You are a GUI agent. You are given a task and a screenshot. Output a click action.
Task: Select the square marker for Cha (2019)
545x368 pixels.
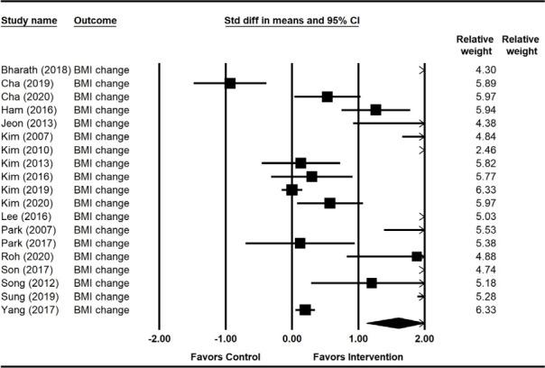[x=230, y=83]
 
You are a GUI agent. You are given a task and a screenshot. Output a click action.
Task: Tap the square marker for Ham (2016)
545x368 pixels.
[x=375, y=109]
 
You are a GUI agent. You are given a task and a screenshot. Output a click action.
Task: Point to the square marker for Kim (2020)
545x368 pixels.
[x=329, y=203]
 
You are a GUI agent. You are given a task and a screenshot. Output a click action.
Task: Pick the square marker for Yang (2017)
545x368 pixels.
[x=305, y=309]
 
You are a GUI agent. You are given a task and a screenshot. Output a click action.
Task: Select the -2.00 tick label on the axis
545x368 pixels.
[x=159, y=340]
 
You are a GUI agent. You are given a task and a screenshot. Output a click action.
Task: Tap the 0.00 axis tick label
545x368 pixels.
[x=291, y=340]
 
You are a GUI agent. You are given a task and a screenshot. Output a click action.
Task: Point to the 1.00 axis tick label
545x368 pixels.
[x=357, y=340]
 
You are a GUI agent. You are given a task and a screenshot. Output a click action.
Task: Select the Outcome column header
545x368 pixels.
[x=94, y=19]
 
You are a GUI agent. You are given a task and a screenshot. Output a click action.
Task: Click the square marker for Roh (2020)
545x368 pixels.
[x=417, y=256]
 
